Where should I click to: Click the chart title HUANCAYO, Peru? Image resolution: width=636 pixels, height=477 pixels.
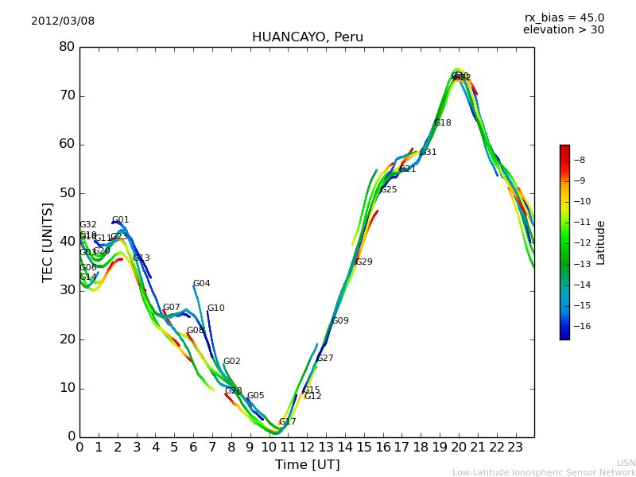click(307, 37)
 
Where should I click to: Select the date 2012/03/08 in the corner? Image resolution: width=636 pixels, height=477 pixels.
click(63, 21)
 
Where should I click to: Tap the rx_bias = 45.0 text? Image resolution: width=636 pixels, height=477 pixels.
click(564, 17)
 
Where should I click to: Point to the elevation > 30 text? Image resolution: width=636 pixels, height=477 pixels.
click(563, 30)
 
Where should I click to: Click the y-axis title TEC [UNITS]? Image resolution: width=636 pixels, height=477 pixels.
click(48, 242)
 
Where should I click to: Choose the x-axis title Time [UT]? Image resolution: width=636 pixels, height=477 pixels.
click(307, 465)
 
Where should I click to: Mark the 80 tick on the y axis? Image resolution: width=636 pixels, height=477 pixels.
click(67, 47)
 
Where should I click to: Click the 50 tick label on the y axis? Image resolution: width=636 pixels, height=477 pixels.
click(67, 193)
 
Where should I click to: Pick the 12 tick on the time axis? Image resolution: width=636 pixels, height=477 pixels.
click(307, 446)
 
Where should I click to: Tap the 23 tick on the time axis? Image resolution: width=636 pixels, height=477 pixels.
click(515, 446)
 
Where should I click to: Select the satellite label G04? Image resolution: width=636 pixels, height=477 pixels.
click(202, 284)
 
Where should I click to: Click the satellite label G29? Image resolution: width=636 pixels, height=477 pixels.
click(364, 262)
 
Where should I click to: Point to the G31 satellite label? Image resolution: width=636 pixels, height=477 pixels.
click(429, 153)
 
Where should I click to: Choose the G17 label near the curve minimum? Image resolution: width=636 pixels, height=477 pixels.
click(287, 422)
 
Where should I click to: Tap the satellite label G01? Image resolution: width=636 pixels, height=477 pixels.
click(120, 220)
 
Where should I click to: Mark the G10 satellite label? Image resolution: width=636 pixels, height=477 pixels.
click(216, 308)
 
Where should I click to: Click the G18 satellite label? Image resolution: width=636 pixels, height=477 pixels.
click(443, 123)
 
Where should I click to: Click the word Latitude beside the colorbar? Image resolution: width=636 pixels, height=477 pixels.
click(601, 242)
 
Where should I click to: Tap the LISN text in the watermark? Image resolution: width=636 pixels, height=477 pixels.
click(626, 463)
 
